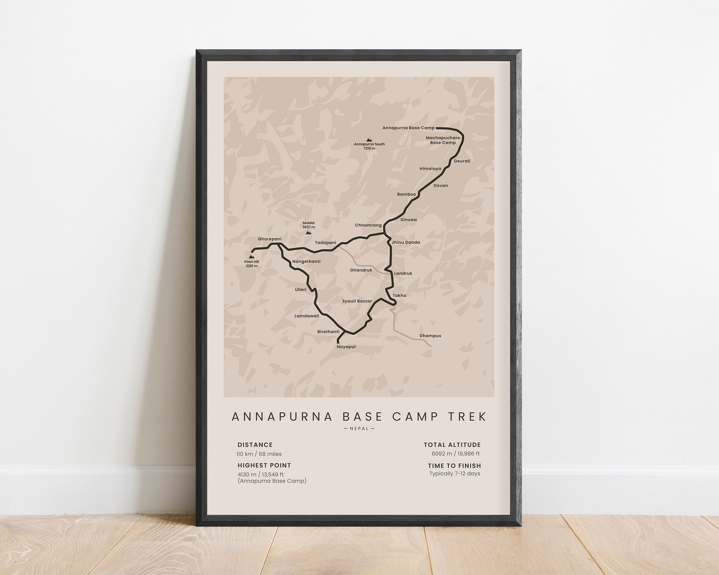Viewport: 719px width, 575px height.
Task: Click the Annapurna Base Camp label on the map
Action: (408, 128)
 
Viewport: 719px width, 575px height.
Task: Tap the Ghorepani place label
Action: (269, 239)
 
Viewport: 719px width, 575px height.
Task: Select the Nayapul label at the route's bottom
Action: (346, 347)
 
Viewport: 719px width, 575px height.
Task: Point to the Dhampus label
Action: (430, 336)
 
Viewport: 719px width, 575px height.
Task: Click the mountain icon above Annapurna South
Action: (369, 140)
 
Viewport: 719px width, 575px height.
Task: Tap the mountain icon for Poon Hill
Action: (251, 256)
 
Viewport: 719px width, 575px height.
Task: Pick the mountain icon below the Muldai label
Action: (308, 232)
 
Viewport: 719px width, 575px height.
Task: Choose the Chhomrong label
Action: (368, 225)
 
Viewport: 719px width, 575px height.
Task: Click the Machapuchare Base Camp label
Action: (443, 140)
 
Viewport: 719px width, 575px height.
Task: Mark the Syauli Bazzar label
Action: (357, 301)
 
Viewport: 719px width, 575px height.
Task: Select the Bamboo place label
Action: (406, 194)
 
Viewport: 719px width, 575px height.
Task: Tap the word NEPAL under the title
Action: (359, 428)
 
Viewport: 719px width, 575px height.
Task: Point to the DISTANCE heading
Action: (255, 445)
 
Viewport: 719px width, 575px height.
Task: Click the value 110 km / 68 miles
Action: (259, 454)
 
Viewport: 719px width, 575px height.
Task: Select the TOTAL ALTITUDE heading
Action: (452, 445)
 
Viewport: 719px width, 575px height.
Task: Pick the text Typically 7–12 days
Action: (455, 474)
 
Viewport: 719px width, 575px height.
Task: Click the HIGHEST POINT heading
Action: (264, 465)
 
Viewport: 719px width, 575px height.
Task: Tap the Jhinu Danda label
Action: (406, 242)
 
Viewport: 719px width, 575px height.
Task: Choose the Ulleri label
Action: (301, 289)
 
